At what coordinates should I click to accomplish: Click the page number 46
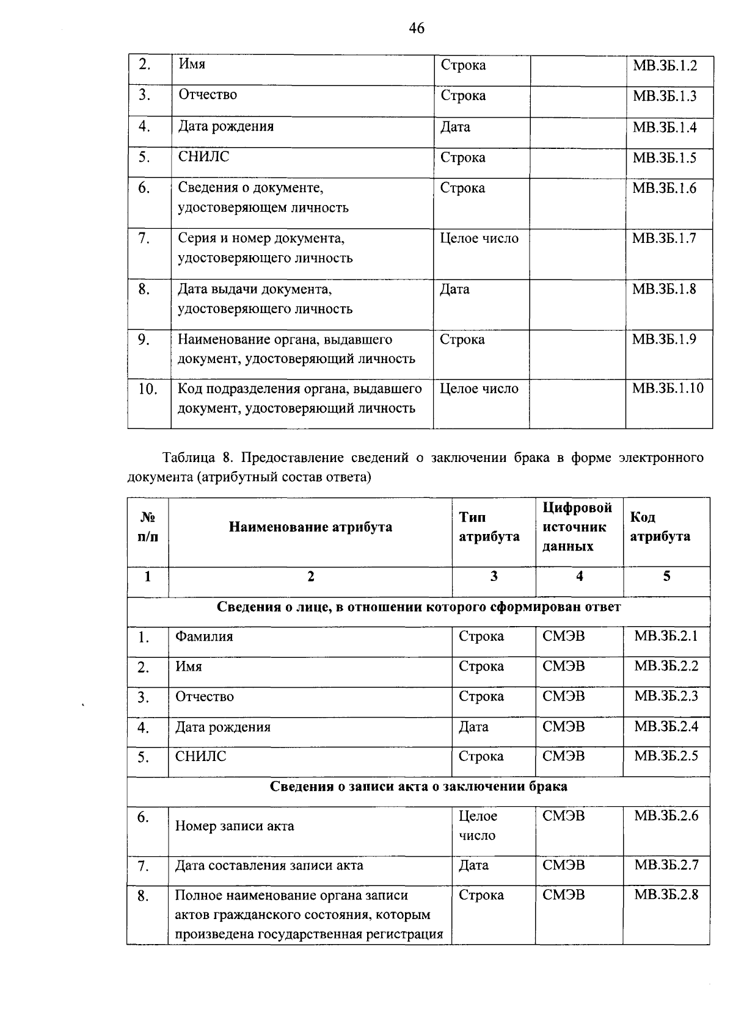(x=417, y=28)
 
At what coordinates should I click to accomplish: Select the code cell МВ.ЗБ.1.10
(x=668, y=388)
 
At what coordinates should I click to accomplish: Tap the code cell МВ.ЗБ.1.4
(x=664, y=127)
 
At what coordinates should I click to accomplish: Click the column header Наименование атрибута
(x=310, y=527)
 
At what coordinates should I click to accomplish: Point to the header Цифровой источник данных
(x=577, y=527)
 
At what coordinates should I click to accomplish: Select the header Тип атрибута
(x=489, y=527)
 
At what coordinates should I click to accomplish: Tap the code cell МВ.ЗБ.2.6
(x=666, y=816)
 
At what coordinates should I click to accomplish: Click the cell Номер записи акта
(x=235, y=826)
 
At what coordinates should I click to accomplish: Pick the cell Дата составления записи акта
(x=269, y=865)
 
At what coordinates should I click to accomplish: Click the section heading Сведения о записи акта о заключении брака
(x=418, y=787)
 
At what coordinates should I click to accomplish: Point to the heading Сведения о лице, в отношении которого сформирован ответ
(x=418, y=607)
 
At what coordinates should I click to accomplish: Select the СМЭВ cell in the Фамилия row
(x=563, y=637)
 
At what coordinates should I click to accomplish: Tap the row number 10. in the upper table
(x=147, y=389)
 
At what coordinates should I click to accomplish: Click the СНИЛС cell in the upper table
(x=203, y=157)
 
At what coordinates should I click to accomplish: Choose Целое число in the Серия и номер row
(x=479, y=239)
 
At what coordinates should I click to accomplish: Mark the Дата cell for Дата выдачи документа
(x=454, y=289)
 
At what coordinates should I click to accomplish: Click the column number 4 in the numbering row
(x=579, y=576)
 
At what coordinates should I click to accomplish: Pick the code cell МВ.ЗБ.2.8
(x=666, y=895)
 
